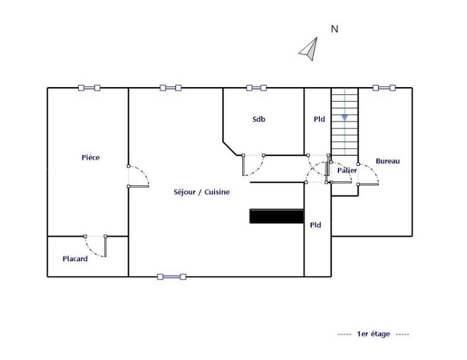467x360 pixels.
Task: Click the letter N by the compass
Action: (x=334, y=29)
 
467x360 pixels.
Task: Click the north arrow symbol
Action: (x=310, y=50)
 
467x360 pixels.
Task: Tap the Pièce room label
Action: (x=91, y=157)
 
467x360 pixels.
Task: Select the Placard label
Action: (x=75, y=259)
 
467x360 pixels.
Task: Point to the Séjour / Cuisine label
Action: (x=201, y=192)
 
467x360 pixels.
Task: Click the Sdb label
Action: (x=259, y=119)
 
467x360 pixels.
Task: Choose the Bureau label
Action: (x=388, y=161)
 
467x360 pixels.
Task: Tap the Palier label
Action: (x=347, y=171)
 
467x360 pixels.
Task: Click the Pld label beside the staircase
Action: (x=319, y=119)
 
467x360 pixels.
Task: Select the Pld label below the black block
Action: (x=315, y=225)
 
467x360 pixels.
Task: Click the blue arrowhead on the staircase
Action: (x=344, y=118)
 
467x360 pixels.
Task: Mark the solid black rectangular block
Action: (x=277, y=216)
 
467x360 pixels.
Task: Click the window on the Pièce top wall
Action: (x=89, y=88)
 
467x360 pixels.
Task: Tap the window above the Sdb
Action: (x=257, y=88)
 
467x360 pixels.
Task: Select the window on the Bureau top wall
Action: (x=384, y=88)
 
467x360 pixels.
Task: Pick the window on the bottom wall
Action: (x=171, y=277)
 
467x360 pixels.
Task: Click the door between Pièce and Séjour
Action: (x=139, y=176)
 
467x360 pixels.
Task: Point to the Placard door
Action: (x=95, y=246)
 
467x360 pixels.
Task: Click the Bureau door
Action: (x=368, y=174)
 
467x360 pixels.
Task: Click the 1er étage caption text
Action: (x=373, y=334)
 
